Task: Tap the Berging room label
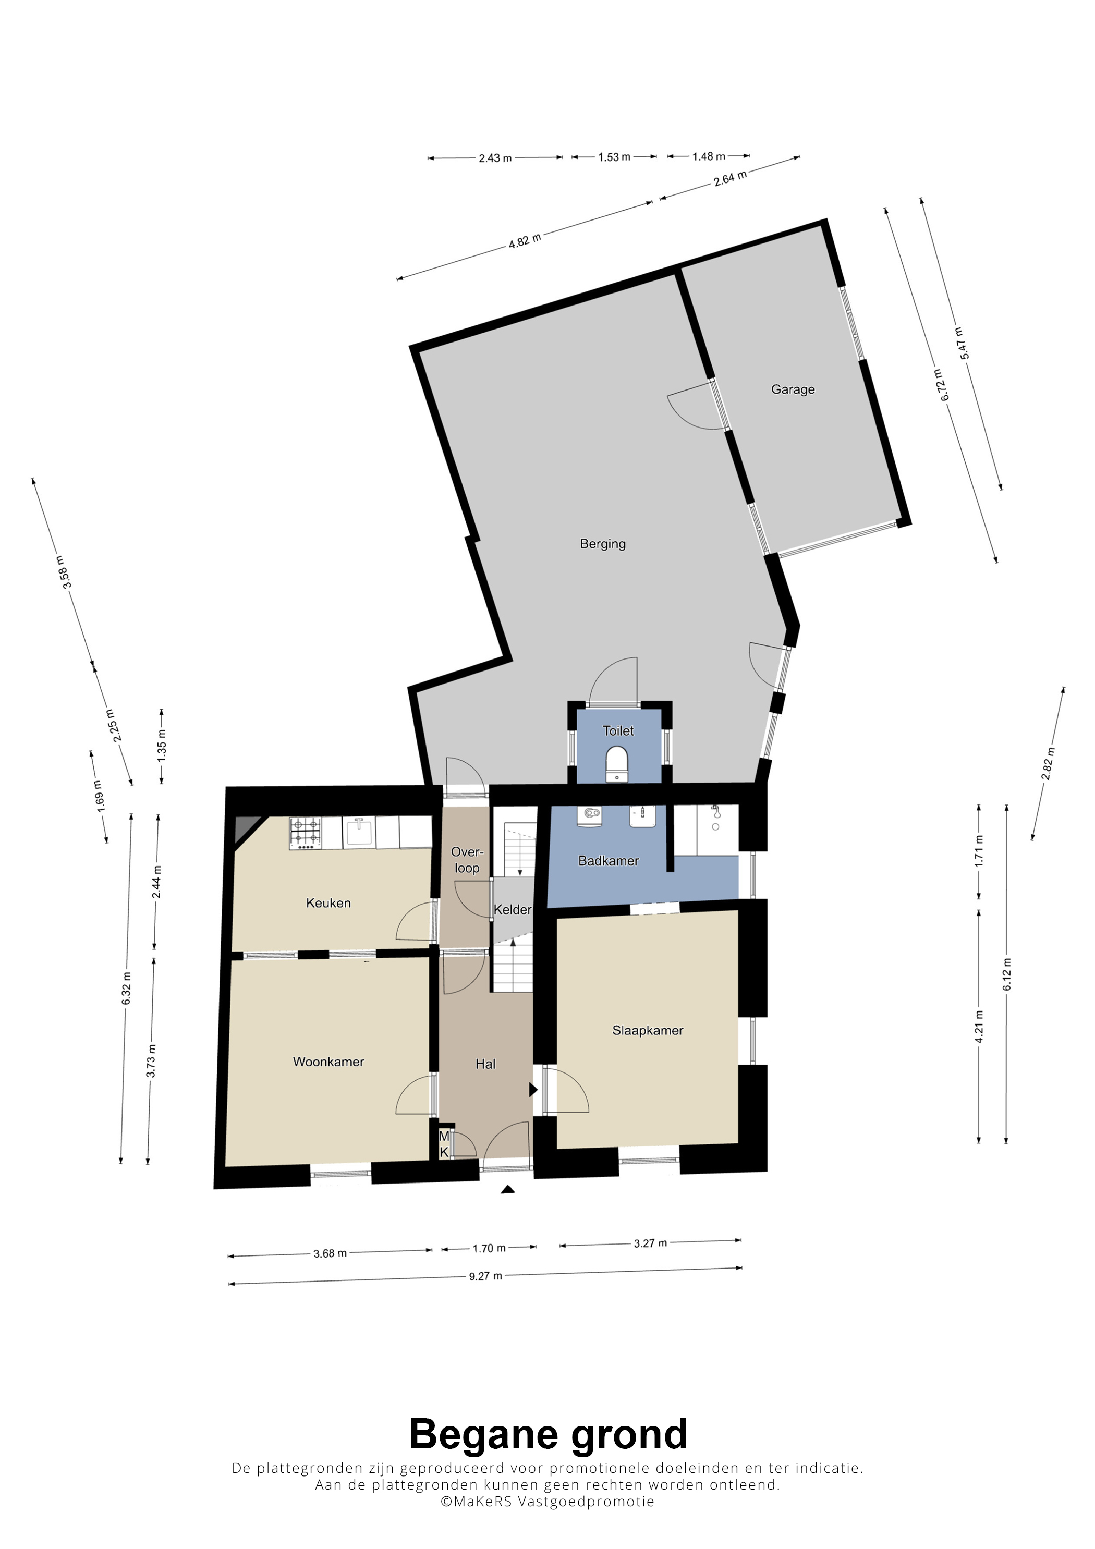pyautogui.click(x=602, y=544)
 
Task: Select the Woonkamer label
pyautogui.click(x=328, y=1062)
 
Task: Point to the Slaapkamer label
pyautogui.click(x=648, y=1030)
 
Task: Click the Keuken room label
pyautogui.click(x=328, y=904)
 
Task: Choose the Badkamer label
pyautogui.click(x=609, y=861)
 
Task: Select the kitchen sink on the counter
pyautogui.click(x=360, y=832)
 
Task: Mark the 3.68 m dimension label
pyautogui.click(x=330, y=1253)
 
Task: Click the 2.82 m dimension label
pyautogui.click(x=1048, y=763)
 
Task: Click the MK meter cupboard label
pyautogui.click(x=444, y=1144)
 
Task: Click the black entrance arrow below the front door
pyautogui.click(x=508, y=1190)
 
